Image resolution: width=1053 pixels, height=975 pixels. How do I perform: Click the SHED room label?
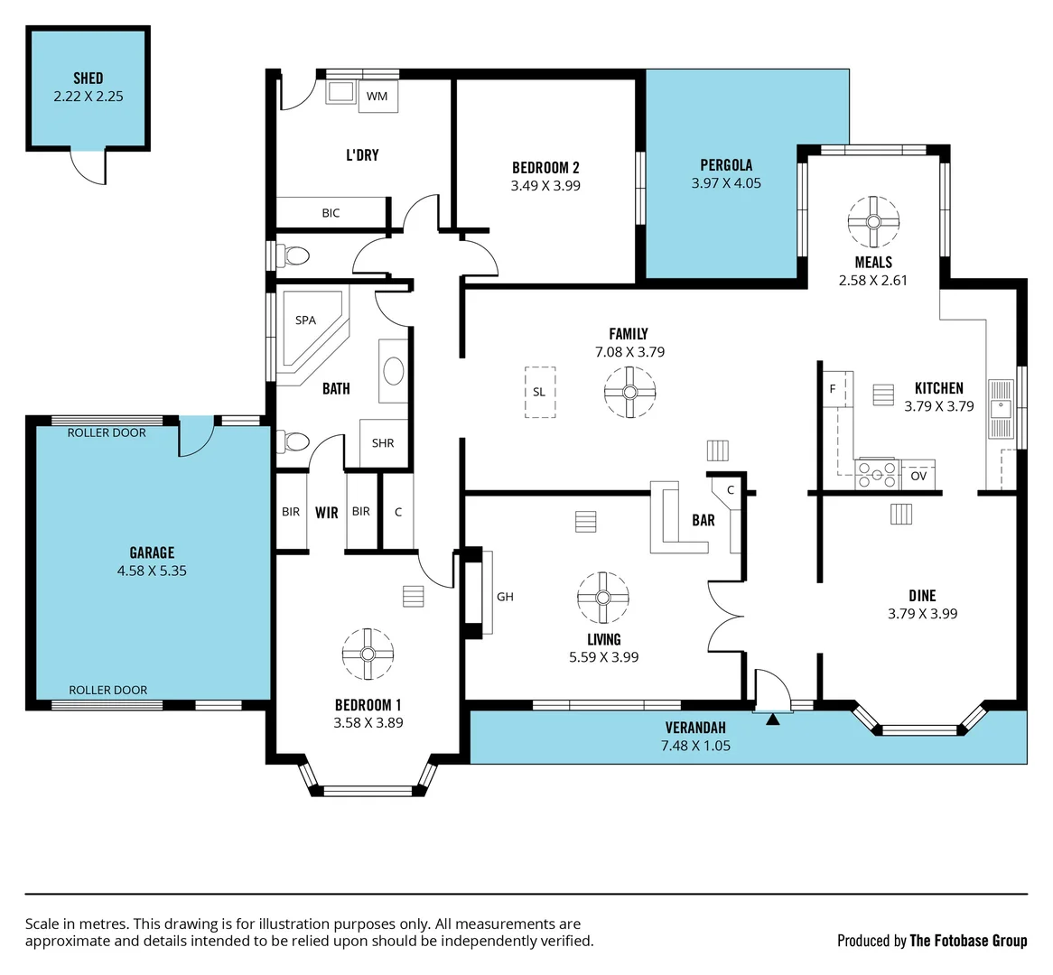[88, 79]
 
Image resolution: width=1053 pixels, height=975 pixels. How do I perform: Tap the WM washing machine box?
[377, 96]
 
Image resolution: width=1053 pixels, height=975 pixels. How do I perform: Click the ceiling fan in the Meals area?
[873, 221]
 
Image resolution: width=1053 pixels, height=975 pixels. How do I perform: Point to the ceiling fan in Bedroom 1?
[368, 654]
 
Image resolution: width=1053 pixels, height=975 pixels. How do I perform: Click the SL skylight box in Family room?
[539, 392]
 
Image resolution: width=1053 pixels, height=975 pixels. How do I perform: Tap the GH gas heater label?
[505, 596]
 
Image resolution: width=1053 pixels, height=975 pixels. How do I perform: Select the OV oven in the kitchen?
[918, 475]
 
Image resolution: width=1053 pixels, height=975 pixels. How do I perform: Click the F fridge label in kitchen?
[833, 389]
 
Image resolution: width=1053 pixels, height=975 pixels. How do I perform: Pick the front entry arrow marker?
[773, 720]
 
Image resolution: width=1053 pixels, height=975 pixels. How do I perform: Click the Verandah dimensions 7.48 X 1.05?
[695, 746]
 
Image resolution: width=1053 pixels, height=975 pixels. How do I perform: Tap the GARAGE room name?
[152, 552]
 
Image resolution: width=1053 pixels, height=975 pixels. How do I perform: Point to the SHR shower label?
[383, 443]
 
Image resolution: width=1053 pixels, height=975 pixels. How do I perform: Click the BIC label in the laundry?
[331, 213]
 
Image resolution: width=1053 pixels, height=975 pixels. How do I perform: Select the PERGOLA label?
[726, 165]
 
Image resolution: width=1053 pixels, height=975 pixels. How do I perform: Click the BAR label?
[704, 520]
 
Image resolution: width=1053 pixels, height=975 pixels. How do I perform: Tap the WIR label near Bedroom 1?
[326, 513]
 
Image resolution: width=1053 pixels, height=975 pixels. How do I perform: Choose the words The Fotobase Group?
[968, 941]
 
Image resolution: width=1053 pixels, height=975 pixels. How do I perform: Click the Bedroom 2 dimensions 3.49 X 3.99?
[545, 186]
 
